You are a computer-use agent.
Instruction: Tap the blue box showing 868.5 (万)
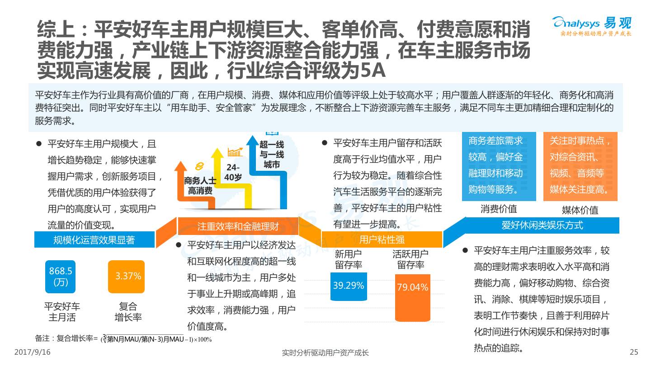[60, 277]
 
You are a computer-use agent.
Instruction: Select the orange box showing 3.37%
[126, 277]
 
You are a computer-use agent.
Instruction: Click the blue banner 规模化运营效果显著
[94, 240]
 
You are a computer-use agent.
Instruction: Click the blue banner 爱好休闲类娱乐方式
[542, 225]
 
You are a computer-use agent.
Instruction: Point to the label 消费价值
[498, 209]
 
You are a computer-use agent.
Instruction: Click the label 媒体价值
[580, 210]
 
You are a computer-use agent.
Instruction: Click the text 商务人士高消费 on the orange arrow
[200, 186]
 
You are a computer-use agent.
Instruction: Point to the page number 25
[634, 352]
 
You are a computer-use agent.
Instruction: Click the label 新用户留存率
[349, 259]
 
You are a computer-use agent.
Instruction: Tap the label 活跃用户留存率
[410, 259]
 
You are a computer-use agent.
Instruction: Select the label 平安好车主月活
[62, 312]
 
